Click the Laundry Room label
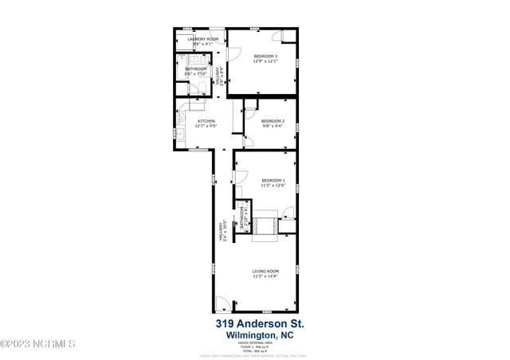[202, 39]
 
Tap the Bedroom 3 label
[265, 56]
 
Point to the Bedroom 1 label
[273, 181]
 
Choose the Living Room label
[265, 272]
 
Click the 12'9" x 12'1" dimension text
[265, 61]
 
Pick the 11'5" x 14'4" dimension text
[265, 277]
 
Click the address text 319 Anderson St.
[259, 325]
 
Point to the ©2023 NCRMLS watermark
[38, 344]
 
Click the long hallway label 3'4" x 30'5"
[222, 233]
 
